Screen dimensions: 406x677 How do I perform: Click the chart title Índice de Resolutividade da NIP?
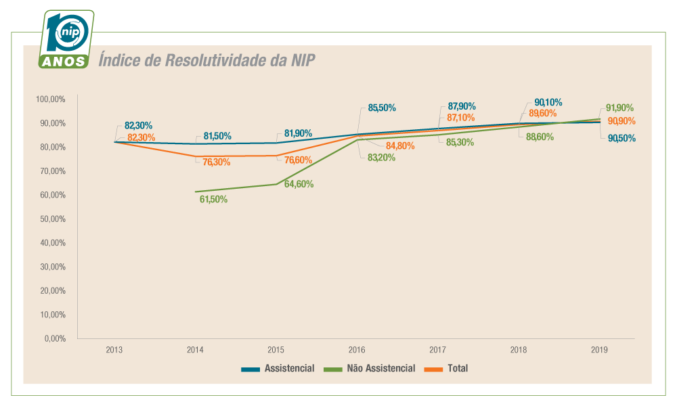[x=206, y=60]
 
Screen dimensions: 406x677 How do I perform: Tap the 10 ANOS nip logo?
[x=66, y=40]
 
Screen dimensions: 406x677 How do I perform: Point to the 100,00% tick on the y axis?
[x=51, y=99]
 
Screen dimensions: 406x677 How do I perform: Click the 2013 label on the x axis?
[x=114, y=351]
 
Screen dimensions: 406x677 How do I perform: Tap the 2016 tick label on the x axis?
[x=357, y=351]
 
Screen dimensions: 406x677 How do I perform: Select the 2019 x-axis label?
[x=599, y=351]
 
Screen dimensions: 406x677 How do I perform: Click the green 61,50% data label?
[x=213, y=200]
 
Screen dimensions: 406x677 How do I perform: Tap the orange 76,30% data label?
[x=217, y=162]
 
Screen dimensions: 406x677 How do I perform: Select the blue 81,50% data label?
[x=217, y=136]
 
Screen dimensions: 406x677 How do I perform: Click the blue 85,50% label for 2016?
[x=382, y=108]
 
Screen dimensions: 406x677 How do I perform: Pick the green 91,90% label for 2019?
[x=619, y=108]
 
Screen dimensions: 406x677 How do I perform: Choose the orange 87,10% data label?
[x=461, y=118]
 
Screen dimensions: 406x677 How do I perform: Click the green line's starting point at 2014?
[x=195, y=191]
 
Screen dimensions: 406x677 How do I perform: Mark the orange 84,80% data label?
[x=400, y=145]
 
